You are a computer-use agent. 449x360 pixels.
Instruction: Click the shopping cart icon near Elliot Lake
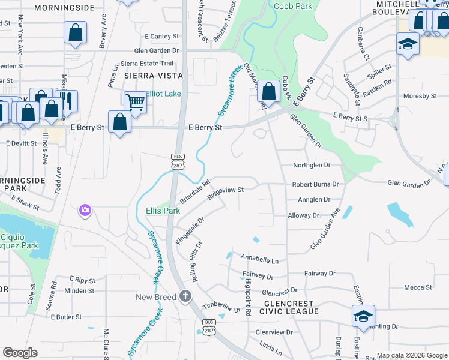click(135, 103)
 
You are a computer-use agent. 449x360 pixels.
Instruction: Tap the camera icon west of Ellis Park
click(85, 210)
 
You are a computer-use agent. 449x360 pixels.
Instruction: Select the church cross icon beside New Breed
click(185, 296)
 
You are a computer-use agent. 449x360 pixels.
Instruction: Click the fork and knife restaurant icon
click(67, 101)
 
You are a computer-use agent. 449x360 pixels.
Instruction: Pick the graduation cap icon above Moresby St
click(408, 44)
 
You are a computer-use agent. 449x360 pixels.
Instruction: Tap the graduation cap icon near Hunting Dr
click(363, 316)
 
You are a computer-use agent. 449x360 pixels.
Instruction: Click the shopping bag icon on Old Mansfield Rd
click(269, 92)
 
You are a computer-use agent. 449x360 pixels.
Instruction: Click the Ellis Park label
click(163, 211)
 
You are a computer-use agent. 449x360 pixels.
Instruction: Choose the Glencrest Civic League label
click(282, 307)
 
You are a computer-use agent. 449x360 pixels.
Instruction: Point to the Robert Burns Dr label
click(315, 185)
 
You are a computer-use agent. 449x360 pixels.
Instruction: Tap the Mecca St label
click(418, 287)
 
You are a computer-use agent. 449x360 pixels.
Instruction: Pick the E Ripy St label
click(83, 279)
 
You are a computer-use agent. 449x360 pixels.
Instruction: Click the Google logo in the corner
click(20, 353)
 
